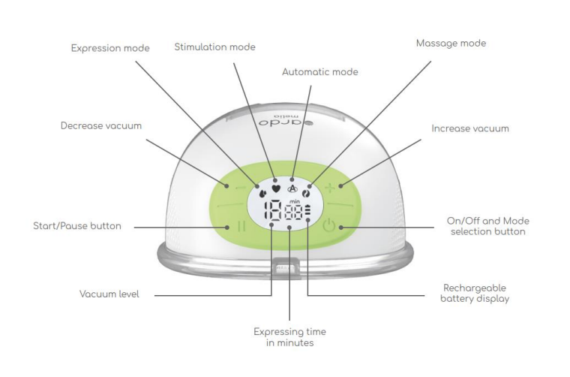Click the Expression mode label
110,48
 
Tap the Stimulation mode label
214,47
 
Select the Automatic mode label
320,72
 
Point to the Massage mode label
451,44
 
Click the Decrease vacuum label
101,126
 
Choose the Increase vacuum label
470,128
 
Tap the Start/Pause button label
77,226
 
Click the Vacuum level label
109,294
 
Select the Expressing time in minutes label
289,337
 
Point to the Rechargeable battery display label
475,294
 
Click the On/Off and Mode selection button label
487,226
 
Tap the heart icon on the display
276,188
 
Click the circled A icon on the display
292,188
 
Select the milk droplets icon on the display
262,192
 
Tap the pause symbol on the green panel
241,226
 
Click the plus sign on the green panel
330,188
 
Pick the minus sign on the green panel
241,188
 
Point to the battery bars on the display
308,212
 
